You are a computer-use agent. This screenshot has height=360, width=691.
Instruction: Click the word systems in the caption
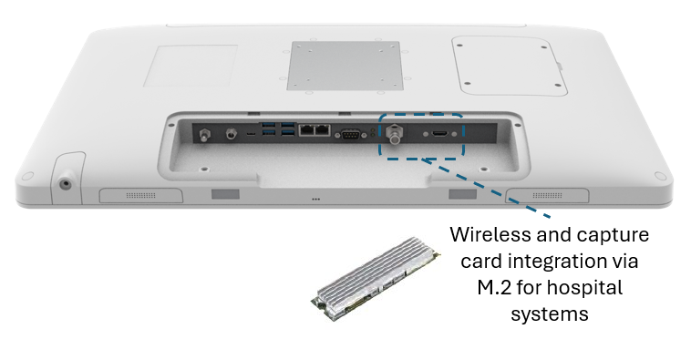(x=550, y=314)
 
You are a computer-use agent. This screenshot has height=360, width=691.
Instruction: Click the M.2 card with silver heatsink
(x=375, y=278)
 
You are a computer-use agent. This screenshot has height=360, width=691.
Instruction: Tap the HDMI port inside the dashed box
(x=439, y=133)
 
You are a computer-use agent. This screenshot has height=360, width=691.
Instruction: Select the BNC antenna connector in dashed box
(x=394, y=134)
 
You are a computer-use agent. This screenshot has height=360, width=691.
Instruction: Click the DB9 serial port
(x=350, y=135)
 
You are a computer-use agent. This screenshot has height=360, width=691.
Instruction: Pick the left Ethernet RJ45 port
(x=306, y=130)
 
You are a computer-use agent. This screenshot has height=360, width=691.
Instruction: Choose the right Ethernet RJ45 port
(x=323, y=130)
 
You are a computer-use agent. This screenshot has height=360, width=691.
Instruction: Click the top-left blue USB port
(x=268, y=125)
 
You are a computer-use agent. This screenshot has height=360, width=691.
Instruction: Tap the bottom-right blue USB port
(x=288, y=133)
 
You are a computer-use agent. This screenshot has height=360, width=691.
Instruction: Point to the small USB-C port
(x=251, y=133)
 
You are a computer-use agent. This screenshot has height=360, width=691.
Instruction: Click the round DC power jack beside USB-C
(x=231, y=133)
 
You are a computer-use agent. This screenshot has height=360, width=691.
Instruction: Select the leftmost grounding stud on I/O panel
(x=204, y=134)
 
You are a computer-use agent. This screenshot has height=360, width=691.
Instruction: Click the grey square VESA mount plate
(x=345, y=67)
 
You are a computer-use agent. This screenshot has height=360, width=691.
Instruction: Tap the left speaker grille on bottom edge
(x=141, y=195)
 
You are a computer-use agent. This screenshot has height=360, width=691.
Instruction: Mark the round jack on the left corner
(x=66, y=184)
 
